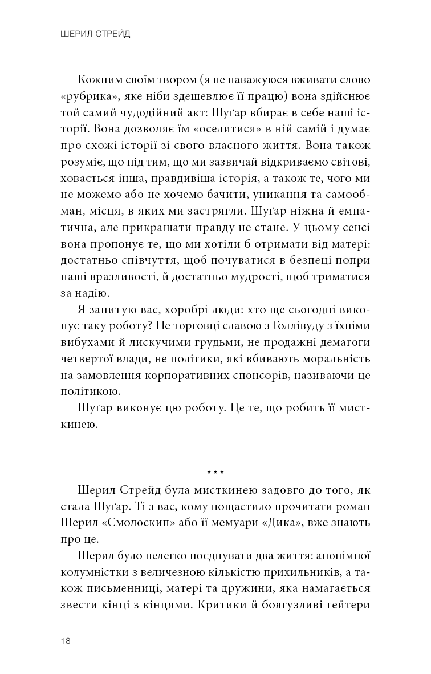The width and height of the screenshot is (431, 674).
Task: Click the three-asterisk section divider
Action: (x=215, y=473)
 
